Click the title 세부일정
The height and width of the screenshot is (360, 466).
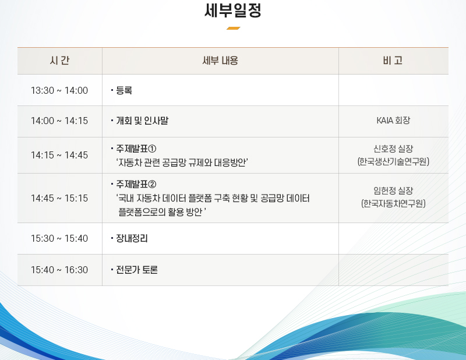(233, 10)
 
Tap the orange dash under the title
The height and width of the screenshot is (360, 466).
(234, 28)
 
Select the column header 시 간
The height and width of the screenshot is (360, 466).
(60, 61)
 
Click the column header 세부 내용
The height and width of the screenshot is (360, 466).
(220, 61)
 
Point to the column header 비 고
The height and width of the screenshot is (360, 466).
(393, 61)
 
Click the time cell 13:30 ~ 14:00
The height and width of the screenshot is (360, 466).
(59, 90)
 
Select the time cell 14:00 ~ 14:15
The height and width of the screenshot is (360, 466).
(59, 121)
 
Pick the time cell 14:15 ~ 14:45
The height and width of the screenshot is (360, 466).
(59, 155)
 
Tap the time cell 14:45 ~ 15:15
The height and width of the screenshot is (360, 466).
(59, 198)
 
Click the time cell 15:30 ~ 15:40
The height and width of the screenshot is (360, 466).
(59, 238)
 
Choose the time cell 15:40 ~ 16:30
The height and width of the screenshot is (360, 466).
(59, 270)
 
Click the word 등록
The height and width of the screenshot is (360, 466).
(124, 90)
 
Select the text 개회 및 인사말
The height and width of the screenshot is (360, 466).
(142, 121)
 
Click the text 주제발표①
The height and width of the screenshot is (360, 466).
(136, 149)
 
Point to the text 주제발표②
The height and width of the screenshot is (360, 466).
(136, 184)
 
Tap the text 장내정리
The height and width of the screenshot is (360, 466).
(132, 238)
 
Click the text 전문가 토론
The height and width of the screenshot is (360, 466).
(137, 270)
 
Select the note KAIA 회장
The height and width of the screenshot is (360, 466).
(393, 121)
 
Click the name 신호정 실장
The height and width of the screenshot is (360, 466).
(393, 149)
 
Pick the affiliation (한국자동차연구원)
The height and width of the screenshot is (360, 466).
(393, 204)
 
